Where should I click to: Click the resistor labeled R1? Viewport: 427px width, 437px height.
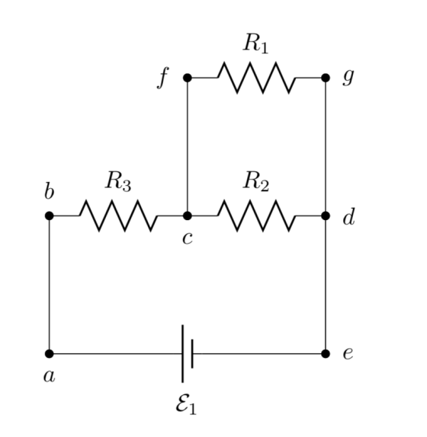256,78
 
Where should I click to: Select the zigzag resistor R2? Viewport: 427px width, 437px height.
256,215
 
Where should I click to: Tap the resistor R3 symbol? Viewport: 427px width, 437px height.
118,215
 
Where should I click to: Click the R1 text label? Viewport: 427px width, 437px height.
255,43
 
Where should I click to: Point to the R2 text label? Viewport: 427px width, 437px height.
256,182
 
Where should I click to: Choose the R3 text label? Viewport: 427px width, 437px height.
117,182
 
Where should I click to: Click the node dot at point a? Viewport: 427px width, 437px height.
49,354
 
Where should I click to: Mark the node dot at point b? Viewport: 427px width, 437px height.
49,215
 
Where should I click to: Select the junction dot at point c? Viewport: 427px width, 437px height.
188,215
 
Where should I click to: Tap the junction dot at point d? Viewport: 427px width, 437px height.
326,215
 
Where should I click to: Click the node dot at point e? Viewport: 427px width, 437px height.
326,354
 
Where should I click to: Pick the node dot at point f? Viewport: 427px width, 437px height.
188,78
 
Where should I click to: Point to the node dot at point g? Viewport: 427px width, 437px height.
326,78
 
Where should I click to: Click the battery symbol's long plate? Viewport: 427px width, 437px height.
182,354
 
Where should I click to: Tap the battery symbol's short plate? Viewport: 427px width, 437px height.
192,354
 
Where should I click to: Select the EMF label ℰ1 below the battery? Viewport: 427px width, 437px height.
186,405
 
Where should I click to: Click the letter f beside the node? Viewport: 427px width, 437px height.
163,78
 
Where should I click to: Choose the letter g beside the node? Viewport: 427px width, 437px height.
348,77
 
